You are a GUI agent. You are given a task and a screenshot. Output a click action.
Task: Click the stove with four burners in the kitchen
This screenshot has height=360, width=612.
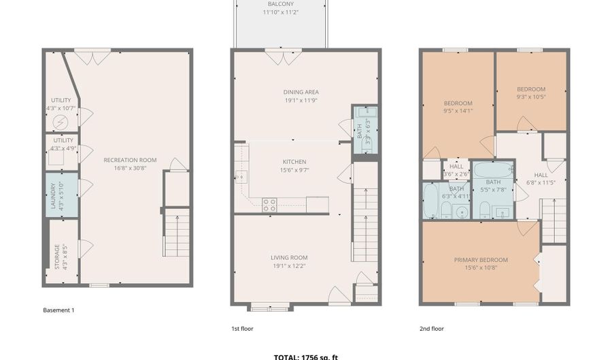tap(269, 204)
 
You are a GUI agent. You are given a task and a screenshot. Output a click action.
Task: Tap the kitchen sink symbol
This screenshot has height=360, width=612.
tap(240, 177)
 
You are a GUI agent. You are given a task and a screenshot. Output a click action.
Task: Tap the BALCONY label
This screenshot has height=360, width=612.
tap(280, 4)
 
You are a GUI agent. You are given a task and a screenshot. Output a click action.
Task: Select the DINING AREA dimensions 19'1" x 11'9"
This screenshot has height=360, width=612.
tap(301, 101)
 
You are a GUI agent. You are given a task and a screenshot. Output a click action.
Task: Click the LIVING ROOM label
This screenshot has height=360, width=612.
tap(289, 257)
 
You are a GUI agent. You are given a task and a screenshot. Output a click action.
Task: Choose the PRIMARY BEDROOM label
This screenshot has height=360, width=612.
tap(481, 259)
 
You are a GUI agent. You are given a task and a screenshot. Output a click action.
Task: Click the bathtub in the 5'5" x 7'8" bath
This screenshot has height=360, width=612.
tap(493, 171)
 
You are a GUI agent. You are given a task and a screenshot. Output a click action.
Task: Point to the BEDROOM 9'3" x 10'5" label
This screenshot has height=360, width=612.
tap(531, 89)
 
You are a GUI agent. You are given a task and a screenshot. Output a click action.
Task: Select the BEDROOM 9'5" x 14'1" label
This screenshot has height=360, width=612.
tap(457, 103)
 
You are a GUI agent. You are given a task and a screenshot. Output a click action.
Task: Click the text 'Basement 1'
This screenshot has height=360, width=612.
tap(58, 310)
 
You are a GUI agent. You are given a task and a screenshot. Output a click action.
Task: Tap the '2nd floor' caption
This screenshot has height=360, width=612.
tap(431, 329)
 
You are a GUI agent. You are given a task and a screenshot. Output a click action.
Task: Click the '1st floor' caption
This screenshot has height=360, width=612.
tap(243, 329)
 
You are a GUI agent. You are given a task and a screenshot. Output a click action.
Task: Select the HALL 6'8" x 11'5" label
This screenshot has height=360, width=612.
tap(541, 174)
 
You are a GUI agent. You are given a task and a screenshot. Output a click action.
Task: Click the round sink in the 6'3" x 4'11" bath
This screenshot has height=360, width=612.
tap(461, 212)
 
